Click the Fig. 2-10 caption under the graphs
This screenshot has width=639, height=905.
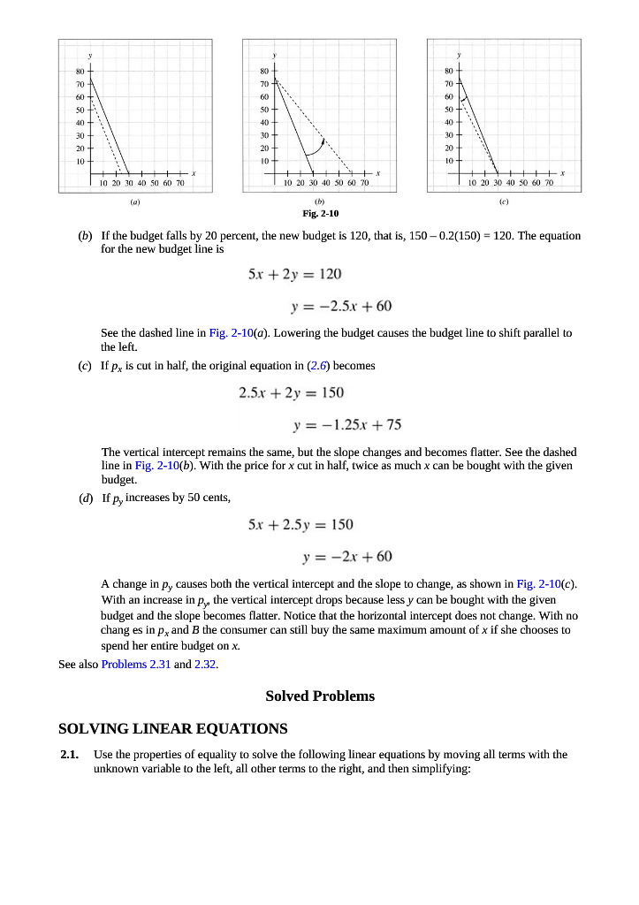[x=320, y=214]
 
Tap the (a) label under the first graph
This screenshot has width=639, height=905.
[x=134, y=202]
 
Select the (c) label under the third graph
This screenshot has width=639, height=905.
[x=504, y=202]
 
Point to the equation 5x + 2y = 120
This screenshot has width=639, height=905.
[x=295, y=274]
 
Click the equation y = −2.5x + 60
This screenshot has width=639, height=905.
[x=341, y=306]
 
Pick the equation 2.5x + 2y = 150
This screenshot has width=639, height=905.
[x=292, y=392]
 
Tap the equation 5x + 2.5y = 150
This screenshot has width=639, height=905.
[x=301, y=524]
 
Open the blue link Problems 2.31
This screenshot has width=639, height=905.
[x=136, y=664]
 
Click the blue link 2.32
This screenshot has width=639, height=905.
[x=205, y=664]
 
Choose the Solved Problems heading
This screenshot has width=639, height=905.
[x=320, y=696]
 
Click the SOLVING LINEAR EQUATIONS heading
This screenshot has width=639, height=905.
[x=172, y=729]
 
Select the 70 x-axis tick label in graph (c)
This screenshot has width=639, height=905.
[x=548, y=183]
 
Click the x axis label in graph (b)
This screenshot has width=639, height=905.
[x=377, y=172]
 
